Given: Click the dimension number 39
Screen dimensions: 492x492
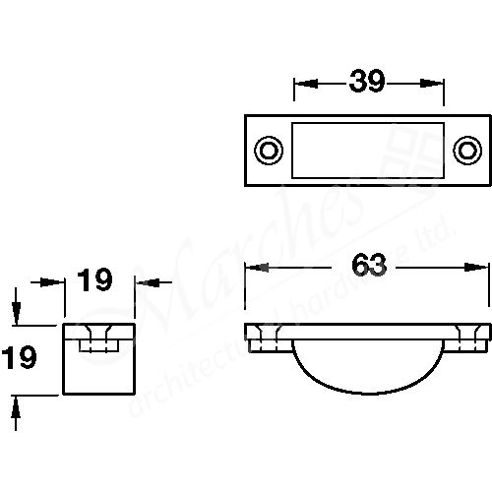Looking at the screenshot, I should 368,83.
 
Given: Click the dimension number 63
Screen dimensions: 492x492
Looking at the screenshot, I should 366,266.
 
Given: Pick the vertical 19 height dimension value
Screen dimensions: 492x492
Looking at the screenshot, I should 21,356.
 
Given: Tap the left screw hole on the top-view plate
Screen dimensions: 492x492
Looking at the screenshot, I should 266,150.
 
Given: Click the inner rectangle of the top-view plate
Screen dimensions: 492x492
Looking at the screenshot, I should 367,150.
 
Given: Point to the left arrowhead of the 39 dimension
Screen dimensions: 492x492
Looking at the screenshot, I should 301,84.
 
